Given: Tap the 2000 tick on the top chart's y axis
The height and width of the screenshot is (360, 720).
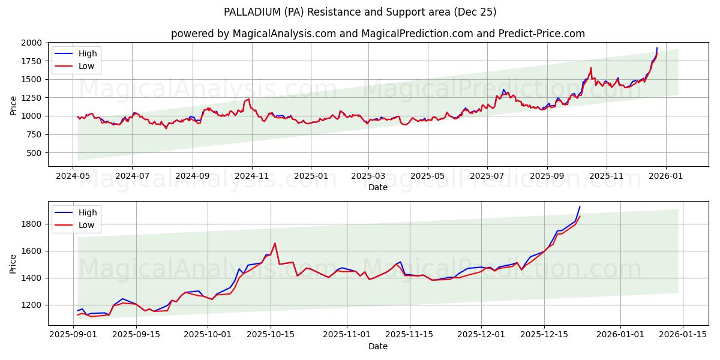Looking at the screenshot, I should click(x=32, y=43).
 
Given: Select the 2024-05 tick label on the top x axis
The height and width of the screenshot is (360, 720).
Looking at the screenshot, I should click(x=73, y=176).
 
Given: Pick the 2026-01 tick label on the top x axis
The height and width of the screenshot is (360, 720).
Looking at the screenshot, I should click(x=665, y=176).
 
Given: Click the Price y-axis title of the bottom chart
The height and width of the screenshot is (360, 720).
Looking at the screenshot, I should click(x=13, y=263).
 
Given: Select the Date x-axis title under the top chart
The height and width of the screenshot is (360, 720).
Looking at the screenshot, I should click(x=378, y=187).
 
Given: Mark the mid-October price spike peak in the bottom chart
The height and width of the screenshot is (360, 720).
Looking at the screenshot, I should click(x=275, y=243).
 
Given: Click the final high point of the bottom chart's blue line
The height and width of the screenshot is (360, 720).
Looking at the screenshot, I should click(x=580, y=206).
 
